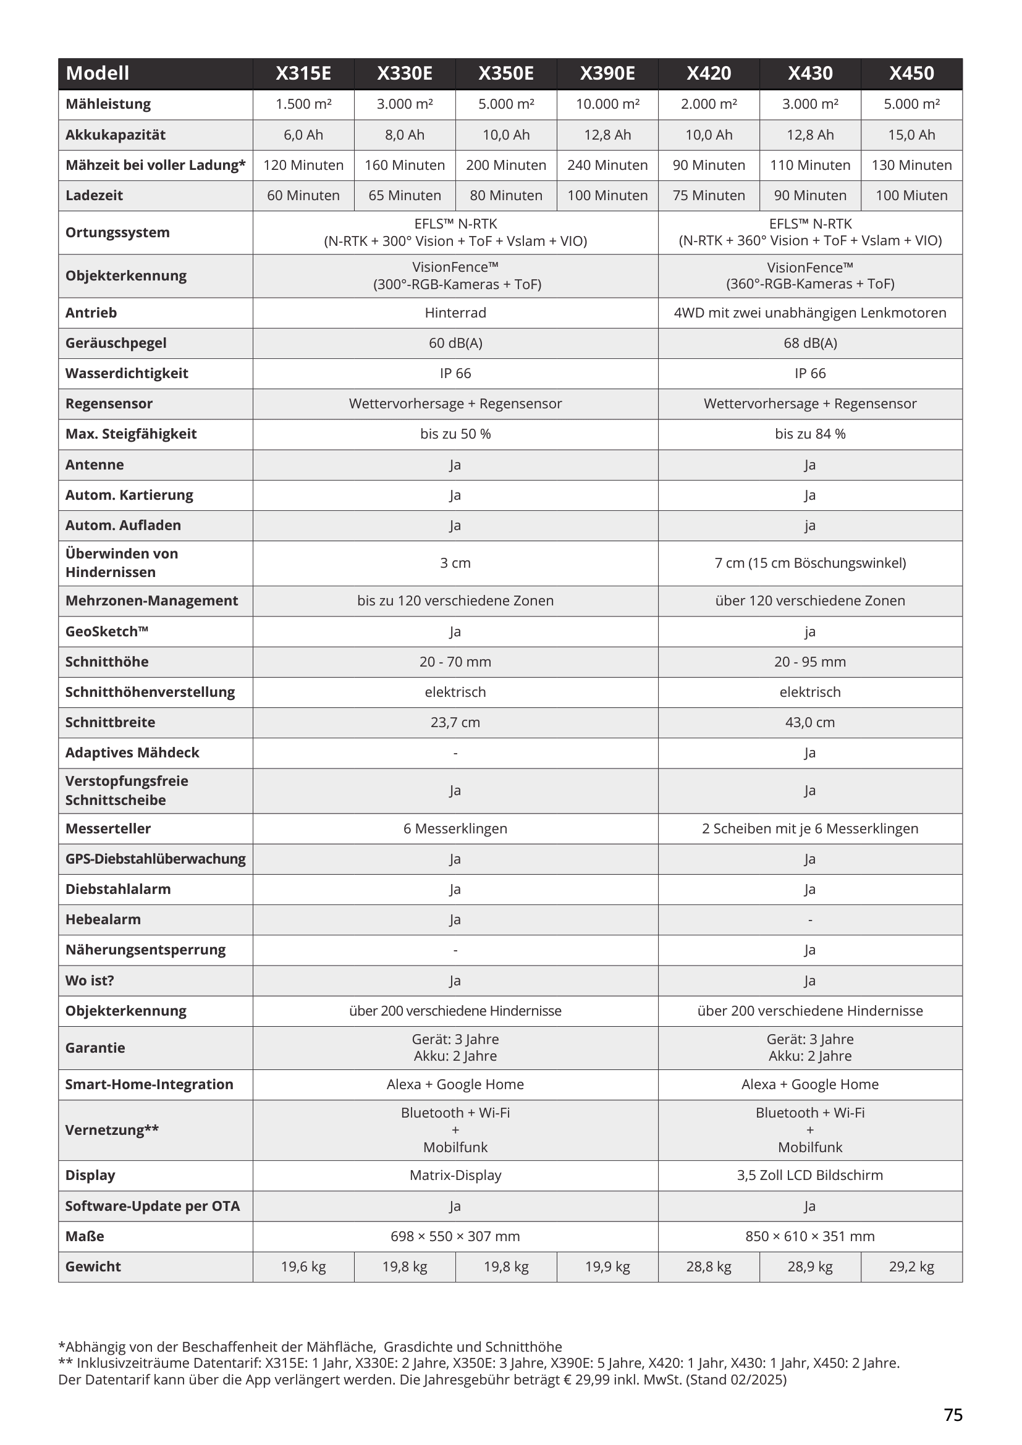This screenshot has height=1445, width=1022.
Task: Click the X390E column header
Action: [607, 74]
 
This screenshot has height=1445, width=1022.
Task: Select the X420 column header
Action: [709, 74]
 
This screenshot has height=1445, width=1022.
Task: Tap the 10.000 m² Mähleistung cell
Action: [607, 104]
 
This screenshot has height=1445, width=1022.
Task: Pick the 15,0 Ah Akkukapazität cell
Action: [911, 135]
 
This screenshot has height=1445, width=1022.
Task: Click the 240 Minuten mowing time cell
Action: [607, 165]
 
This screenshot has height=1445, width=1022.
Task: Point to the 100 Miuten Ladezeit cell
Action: [911, 196]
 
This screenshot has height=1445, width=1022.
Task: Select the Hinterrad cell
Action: [455, 313]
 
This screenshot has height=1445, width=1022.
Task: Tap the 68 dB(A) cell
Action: [810, 343]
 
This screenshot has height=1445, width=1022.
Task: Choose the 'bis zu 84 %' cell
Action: [810, 434]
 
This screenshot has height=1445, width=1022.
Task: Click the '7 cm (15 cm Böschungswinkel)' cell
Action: [810, 563]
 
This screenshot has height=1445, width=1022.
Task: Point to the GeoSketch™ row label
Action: [107, 631]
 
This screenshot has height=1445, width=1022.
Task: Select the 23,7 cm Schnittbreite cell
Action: [455, 723]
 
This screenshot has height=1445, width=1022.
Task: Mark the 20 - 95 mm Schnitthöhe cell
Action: [810, 662]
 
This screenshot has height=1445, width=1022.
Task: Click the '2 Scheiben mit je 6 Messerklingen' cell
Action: [810, 829]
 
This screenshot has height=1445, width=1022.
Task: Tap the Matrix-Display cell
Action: [455, 1175]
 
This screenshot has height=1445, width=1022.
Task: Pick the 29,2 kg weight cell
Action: [911, 1266]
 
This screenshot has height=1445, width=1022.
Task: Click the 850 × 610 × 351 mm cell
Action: [810, 1236]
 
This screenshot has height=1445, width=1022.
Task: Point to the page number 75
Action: [953, 1415]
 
